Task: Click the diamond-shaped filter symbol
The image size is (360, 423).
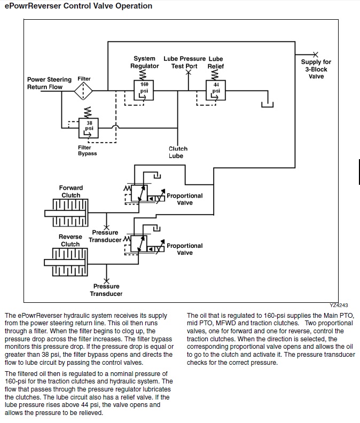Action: tap(83, 91)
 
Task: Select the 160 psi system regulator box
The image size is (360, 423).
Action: tap(144, 90)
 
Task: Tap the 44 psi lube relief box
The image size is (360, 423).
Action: tap(216, 90)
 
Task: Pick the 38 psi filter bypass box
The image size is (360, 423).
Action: tap(89, 128)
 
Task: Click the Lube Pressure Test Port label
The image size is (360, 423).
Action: tap(185, 62)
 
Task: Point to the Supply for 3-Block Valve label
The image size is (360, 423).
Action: tap(316, 69)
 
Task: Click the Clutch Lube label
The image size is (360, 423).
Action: tap(178, 152)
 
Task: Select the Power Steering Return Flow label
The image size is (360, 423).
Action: tap(49, 83)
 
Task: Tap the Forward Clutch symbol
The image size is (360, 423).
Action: tap(66, 213)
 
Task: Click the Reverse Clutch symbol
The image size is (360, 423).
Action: tap(66, 262)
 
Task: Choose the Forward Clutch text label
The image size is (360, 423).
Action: tap(71, 191)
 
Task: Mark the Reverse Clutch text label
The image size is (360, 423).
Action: tap(71, 240)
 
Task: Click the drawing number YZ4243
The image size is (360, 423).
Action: tap(339, 305)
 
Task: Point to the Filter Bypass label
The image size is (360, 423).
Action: tap(87, 151)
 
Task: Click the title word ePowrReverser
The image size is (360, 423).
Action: tap(33, 6)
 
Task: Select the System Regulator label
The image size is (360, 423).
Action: tap(144, 62)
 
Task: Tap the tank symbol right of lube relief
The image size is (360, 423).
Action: tap(268, 104)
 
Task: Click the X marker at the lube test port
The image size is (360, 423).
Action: tap(189, 72)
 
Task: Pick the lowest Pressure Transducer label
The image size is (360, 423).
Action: tap(106, 290)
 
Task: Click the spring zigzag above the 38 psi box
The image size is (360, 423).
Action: tap(88, 112)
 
